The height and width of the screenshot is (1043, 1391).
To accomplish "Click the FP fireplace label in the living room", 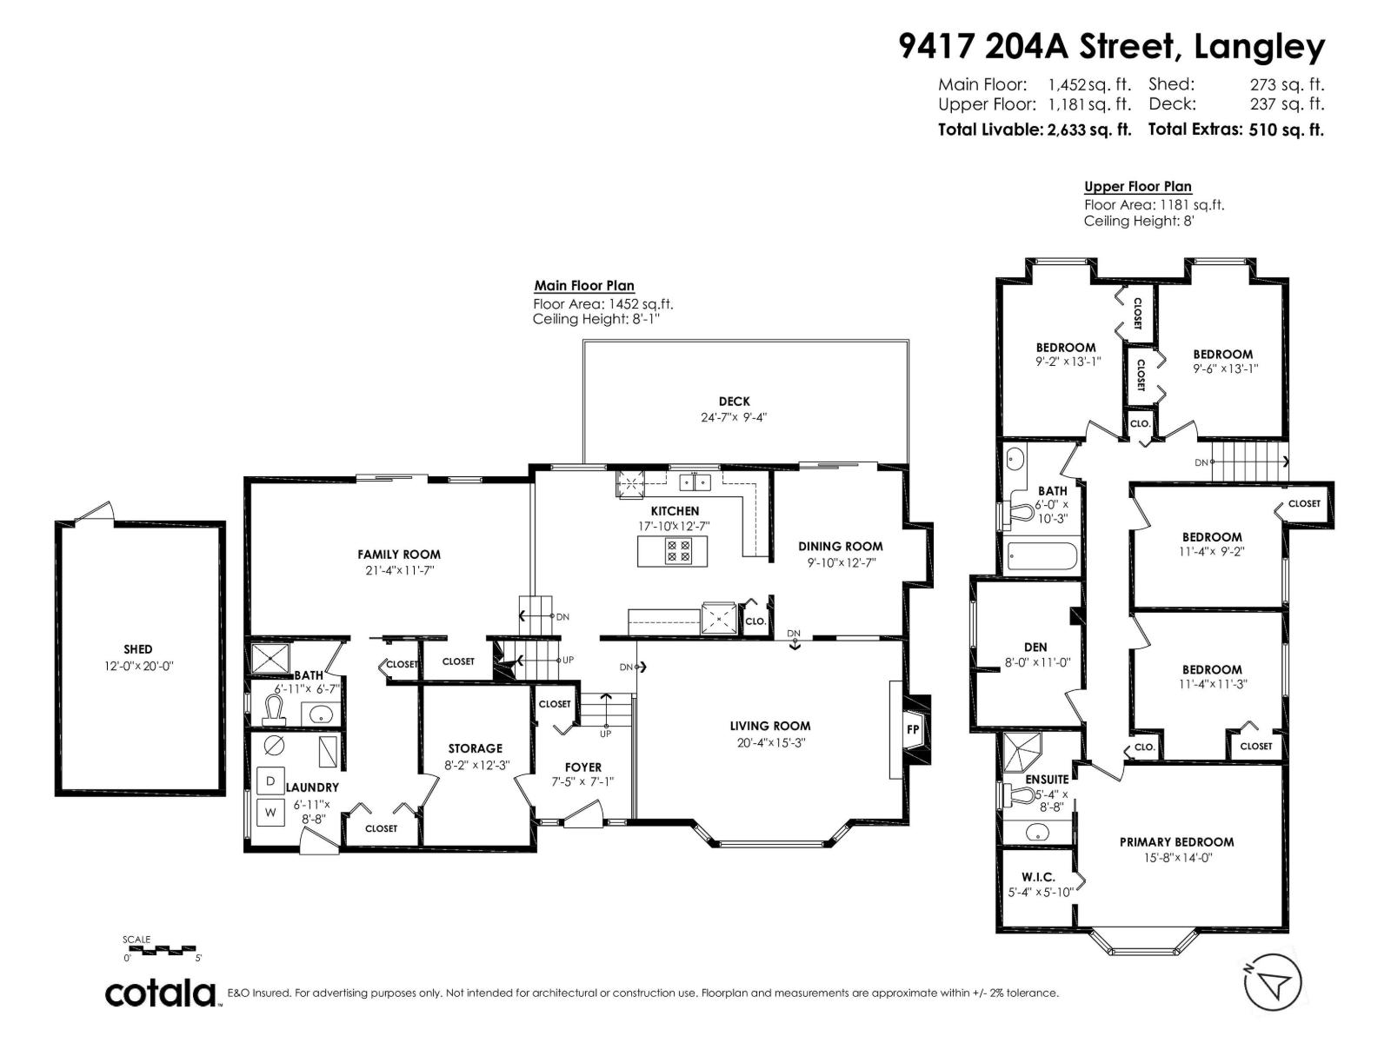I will pyautogui.click(x=913, y=729).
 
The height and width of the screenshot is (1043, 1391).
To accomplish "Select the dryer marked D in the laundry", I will pyautogui.click(x=270, y=781).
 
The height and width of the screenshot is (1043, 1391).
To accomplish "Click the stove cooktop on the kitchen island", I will pyautogui.click(x=677, y=551).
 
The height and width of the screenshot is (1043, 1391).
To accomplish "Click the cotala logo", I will pyautogui.click(x=161, y=993).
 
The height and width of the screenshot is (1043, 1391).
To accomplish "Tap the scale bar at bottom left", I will pyautogui.click(x=161, y=950).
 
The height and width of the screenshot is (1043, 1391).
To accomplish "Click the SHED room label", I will pyautogui.click(x=137, y=649).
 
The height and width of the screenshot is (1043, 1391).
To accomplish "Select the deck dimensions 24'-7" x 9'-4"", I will pyautogui.click(x=734, y=417).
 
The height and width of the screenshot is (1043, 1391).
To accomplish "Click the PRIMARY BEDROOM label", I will pyautogui.click(x=1175, y=841).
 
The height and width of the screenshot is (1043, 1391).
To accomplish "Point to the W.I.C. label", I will pyautogui.click(x=1038, y=877).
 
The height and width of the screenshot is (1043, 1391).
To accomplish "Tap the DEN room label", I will pyautogui.click(x=1035, y=647).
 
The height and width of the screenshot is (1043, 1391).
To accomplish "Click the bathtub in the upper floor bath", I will pyautogui.click(x=1042, y=556).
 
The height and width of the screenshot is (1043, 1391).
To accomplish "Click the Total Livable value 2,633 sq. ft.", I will pyautogui.click(x=1089, y=130).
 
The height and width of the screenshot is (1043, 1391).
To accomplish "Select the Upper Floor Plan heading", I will pyautogui.click(x=1137, y=186).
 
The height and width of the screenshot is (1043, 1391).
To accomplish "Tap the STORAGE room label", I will pyautogui.click(x=475, y=747).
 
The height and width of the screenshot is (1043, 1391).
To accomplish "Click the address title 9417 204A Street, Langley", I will pyautogui.click(x=1112, y=46).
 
